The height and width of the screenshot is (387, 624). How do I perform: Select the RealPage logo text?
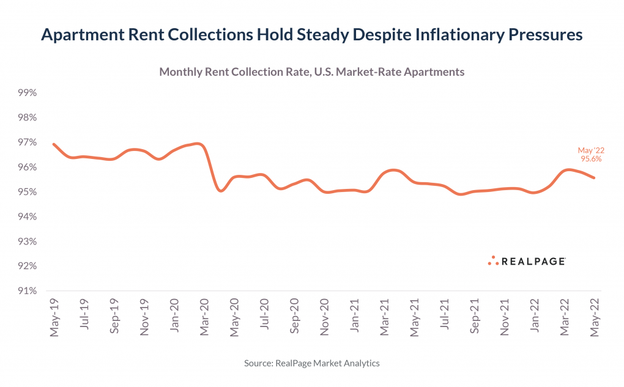(x=533, y=262)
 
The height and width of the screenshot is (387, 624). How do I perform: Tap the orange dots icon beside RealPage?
(x=493, y=260)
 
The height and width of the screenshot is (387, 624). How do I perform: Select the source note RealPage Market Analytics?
(x=311, y=363)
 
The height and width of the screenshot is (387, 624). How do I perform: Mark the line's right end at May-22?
(x=593, y=178)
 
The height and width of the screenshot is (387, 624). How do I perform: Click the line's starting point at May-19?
(x=54, y=144)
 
